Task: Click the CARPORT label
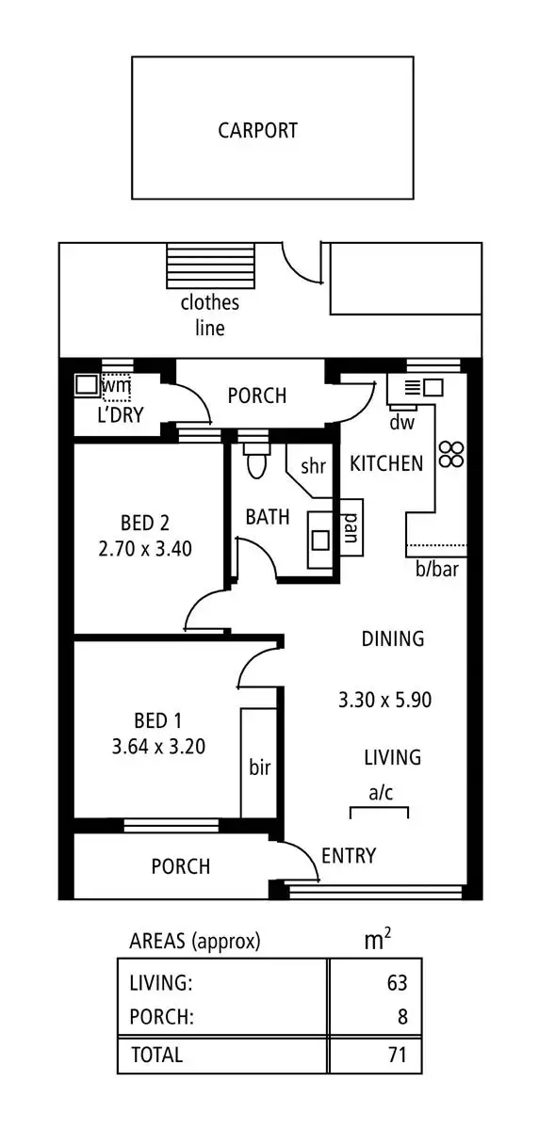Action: (257, 130)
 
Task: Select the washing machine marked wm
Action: (116, 385)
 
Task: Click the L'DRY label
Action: (120, 414)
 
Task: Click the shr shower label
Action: (313, 466)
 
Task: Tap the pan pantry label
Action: (350, 527)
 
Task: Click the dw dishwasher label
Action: (402, 423)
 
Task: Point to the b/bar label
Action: (437, 569)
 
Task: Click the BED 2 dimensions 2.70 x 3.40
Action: (145, 548)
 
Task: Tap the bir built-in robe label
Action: (259, 767)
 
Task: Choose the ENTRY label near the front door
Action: (349, 855)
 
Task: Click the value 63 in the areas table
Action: (397, 983)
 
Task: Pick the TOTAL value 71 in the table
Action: (397, 1055)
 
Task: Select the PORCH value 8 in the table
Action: (401, 1017)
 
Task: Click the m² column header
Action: (378, 940)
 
